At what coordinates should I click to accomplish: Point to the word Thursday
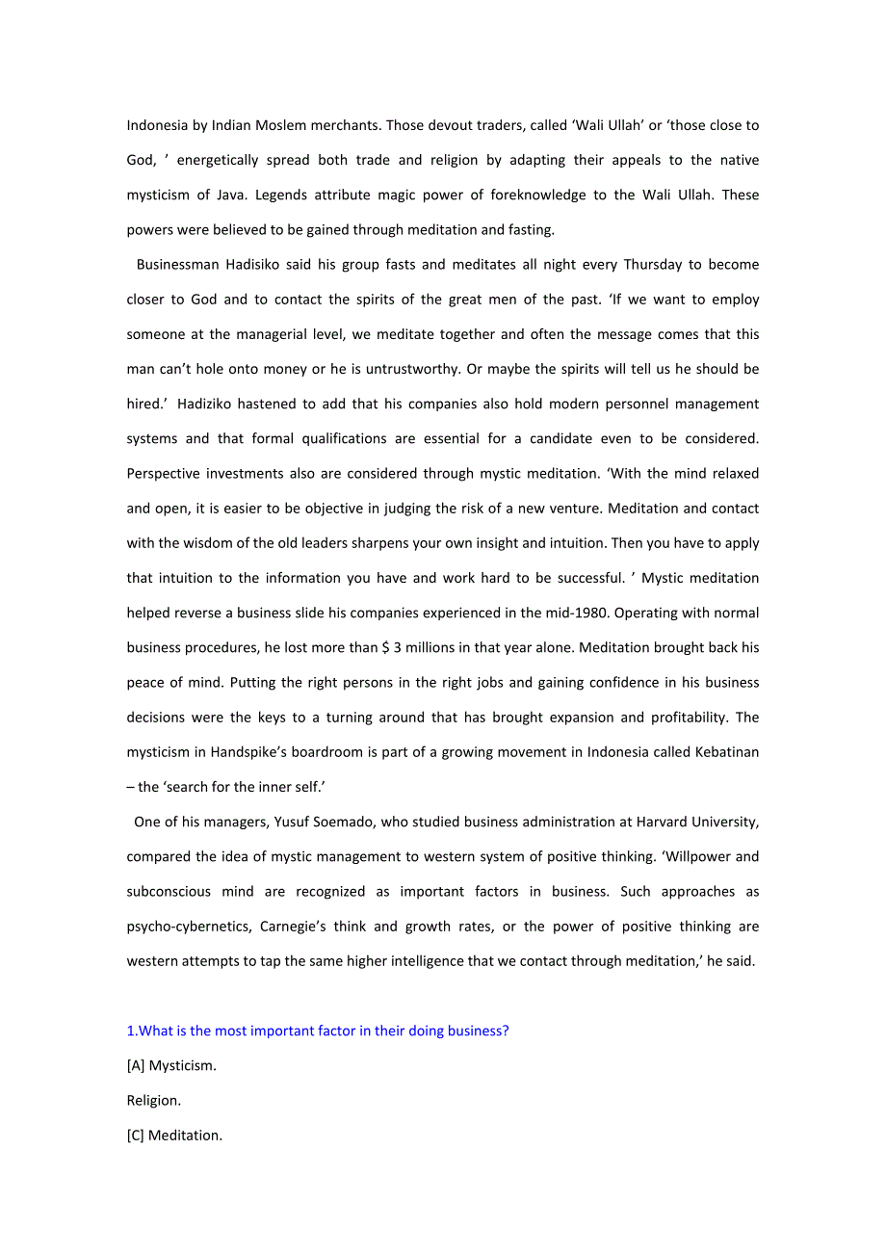653,264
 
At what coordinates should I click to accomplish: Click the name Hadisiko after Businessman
255,264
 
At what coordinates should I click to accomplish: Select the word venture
573,508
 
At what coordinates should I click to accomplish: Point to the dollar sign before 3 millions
385,647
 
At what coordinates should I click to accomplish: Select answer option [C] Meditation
174,1135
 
